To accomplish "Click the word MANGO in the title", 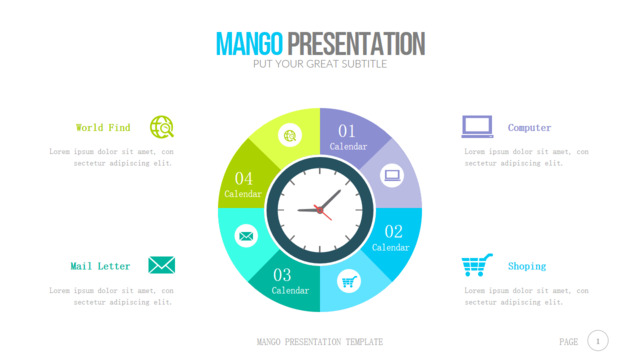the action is click(249, 44).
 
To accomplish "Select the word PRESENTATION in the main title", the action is click(356, 44).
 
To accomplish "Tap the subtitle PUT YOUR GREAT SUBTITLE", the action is click(320, 64).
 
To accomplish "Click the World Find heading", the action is click(103, 127).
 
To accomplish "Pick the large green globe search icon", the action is click(162, 127).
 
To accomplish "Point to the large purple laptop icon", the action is click(477, 127).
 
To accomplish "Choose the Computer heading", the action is click(529, 128).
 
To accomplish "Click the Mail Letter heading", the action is click(100, 266).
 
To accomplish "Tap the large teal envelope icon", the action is click(162, 265).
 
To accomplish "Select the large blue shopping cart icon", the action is click(477, 265).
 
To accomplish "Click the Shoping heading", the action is click(527, 266).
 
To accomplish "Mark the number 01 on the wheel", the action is click(347, 131).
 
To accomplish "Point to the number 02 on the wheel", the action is click(393, 232).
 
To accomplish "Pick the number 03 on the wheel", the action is click(282, 275).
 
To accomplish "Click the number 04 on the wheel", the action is click(244, 178).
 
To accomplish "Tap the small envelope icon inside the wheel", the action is click(246, 236).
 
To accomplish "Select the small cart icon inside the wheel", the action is click(349, 281).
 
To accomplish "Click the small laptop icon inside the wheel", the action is click(392, 176).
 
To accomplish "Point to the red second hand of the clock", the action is click(323, 213).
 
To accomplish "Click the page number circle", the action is click(598, 341).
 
